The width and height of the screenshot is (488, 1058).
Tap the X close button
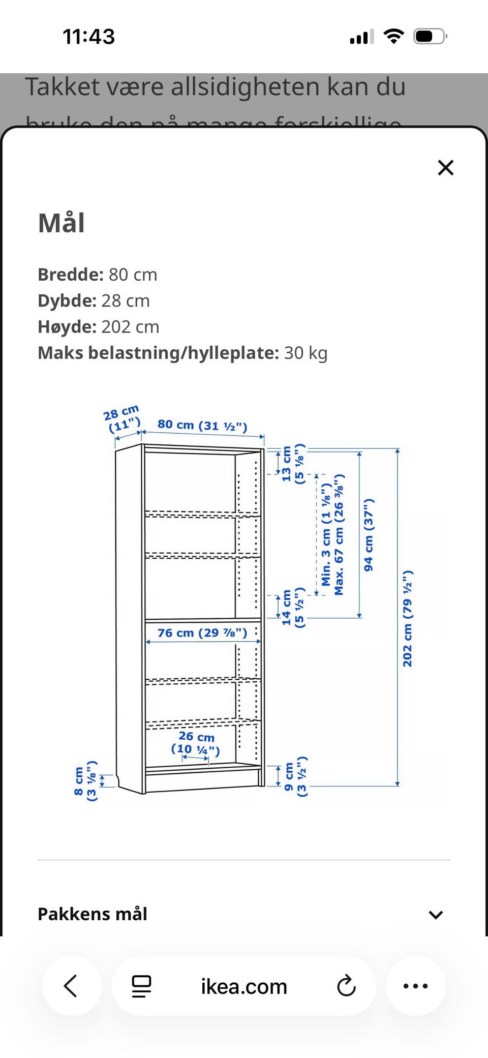[x=445, y=168]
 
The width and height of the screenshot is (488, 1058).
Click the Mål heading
[x=62, y=223]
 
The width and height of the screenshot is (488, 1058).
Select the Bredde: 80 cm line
[x=98, y=275]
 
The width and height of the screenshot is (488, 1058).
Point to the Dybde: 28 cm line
[x=94, y=300]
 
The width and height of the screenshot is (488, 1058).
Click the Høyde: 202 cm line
[x=99, y=326]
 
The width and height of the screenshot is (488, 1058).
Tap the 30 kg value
[x=306, y=353]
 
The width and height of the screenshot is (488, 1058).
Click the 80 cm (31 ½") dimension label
[x=202, y=425]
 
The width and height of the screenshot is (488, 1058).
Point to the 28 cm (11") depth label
[x=123, y=418]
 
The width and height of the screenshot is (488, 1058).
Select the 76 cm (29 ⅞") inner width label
[x=202, y=633]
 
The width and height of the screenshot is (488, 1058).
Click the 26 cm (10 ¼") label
[x=196, y=743]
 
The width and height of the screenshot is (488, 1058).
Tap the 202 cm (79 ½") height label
[x=408, y=618]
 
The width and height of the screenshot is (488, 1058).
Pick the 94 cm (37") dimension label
[x=369, y=534]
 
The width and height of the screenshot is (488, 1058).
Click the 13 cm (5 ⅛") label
[x=293, y=464]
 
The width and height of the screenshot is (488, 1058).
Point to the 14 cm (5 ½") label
[x=293, y=607]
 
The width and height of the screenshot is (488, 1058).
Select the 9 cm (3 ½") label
[x=295, y=776]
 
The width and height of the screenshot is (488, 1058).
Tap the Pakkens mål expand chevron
[x=436, y=915]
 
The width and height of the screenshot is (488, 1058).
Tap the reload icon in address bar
[x=346, y=986]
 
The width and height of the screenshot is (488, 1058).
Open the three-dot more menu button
[x=415, y=986]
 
